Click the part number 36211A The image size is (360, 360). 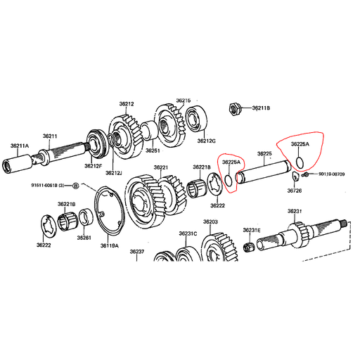(20, 146)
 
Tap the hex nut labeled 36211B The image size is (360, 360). (235, 108)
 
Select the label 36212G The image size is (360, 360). (206, 141)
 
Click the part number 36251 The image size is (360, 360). (153, 150)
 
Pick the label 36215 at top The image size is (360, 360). (184, 101)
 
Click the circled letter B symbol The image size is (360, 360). (75, 186)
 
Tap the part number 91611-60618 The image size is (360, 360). (44, 186)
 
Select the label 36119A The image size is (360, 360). (110, 245)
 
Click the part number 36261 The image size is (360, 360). (84, 238)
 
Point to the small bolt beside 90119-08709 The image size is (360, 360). (305, 174)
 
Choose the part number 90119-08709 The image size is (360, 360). (331, 174)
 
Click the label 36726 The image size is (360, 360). (295, 191)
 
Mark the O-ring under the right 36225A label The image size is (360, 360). (300, 163)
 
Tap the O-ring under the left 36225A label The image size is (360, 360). (229, 179)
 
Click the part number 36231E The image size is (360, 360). (252, 230)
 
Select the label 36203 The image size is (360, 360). (210, 221)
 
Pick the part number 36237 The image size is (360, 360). (137, 252)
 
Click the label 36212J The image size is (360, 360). (114, 173)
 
